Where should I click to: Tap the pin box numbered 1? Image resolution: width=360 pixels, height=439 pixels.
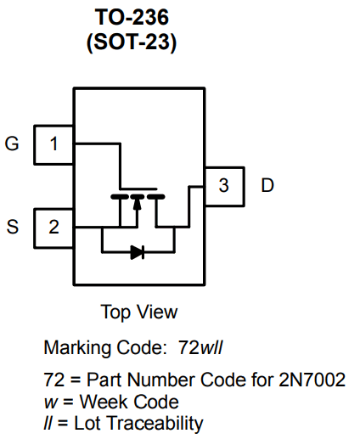point(53,144)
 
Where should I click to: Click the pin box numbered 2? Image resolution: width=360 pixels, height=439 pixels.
point(53,227)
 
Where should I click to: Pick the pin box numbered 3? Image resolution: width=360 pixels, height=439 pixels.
point(223,185)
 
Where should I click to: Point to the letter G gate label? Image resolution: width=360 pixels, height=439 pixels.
point(12,144)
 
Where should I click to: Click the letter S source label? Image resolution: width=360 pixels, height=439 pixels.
point(12,227)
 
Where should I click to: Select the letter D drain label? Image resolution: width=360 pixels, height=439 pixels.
point(267,185)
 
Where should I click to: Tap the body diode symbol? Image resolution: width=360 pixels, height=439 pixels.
point(138,252)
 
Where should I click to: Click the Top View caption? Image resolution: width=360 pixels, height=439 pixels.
point(139,312)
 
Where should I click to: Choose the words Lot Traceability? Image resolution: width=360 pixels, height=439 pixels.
point(134,422)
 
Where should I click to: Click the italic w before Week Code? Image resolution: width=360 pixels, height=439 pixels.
point(48,401)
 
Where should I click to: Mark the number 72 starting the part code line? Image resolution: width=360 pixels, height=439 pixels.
point(52,380)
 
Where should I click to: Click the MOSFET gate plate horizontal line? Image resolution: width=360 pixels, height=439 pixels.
point(138,188)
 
